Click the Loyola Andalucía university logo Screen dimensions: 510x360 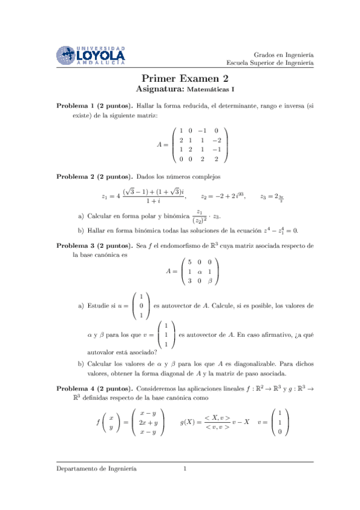pos(91,55)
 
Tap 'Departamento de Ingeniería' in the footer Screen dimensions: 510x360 pos(97,468)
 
